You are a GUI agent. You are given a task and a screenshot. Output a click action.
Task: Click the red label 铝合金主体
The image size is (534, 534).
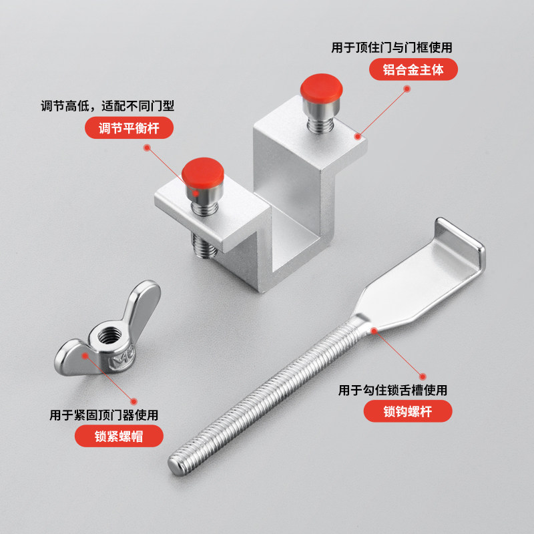[x=413, y=69]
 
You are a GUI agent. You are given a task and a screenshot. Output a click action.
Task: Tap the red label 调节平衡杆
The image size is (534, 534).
[x=127, y=127]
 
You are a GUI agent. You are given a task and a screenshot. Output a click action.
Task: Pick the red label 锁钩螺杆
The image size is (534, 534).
[x=408, y=411]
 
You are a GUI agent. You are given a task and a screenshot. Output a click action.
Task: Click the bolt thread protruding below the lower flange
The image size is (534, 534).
[x=205, y=248]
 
